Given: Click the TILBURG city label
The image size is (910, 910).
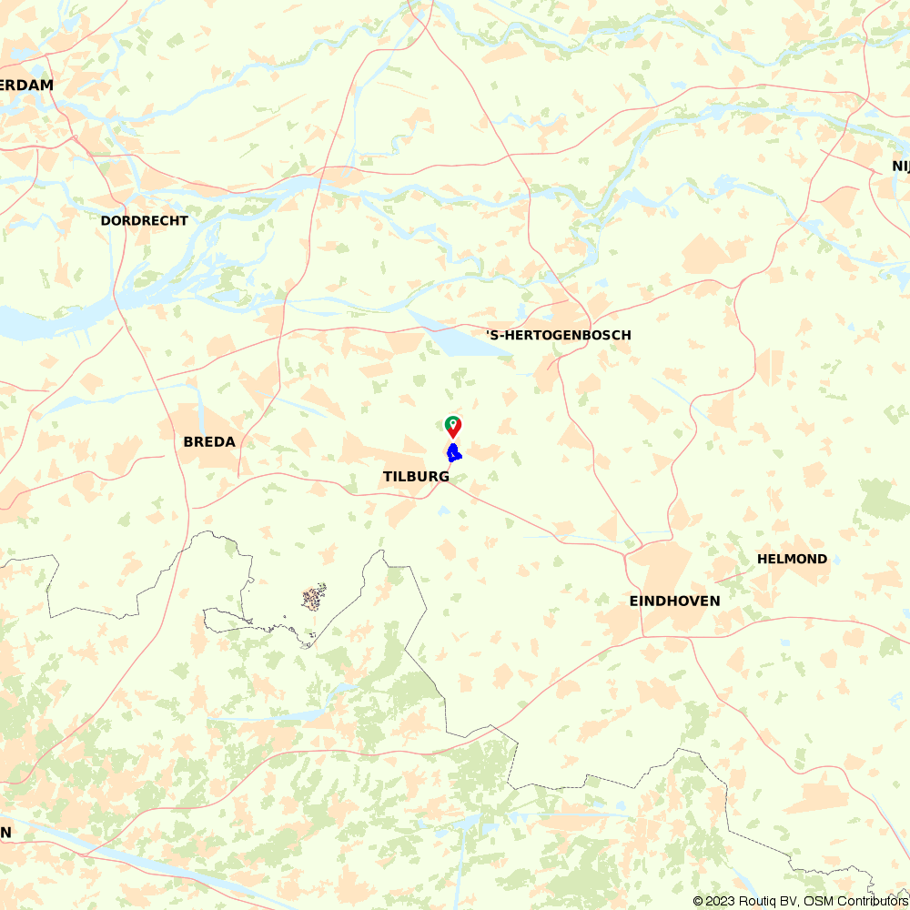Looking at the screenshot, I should click(416, 476).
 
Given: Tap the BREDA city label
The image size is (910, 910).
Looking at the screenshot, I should click(209, 442).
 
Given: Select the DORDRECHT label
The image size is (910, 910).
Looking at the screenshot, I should click(144, 220).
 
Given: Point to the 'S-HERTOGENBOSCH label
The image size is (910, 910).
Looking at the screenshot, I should click(558, 335).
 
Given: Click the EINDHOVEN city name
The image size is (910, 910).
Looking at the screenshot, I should click(674, 601).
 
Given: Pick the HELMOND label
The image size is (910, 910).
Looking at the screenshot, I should click(792, 559).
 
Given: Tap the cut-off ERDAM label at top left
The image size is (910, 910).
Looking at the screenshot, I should click(26, 85).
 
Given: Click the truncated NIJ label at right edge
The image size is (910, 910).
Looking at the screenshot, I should click(900, 166).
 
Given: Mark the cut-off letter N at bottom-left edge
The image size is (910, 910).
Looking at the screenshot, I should click(5, 832).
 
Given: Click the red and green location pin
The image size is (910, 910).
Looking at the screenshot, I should click(452, 426).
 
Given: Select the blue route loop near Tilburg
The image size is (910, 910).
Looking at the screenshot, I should click(453, 453).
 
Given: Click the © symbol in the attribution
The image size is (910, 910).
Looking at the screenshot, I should click(698, 901).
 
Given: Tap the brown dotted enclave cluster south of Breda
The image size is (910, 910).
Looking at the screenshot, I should click(314, 598).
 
